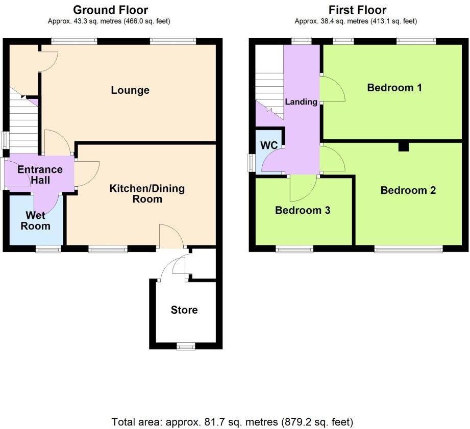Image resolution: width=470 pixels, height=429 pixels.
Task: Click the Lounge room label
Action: (x=130, y=90)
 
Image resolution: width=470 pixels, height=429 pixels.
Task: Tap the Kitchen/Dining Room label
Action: (x=147, y=194)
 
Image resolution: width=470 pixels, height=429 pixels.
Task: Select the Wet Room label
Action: (x=36, y=220)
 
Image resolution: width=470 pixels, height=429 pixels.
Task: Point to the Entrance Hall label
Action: (x=40, y=174)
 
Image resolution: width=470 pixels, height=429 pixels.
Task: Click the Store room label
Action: (x=184, y=310)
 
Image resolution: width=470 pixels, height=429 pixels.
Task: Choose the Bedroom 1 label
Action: (x=394, y=88)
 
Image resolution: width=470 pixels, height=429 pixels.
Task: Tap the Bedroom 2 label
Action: (x=408, y=190)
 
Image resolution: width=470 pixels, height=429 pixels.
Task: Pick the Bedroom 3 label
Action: (x=303, y=210)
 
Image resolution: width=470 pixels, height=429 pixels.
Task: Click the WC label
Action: (x=269, y=145)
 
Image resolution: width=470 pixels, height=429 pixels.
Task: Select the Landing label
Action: (x=301, y=102)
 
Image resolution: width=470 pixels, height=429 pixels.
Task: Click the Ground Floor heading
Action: (x=111, y=10)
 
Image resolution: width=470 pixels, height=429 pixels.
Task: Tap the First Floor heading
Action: (x=357, y=10)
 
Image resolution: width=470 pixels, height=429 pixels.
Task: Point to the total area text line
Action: (x=232, y=422)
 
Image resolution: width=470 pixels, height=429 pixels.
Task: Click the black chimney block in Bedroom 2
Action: (x=404, y=146)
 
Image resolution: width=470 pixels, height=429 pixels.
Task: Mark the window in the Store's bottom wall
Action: (x=186, y=347)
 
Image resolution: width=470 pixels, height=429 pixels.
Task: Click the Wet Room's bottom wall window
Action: (x=48, y=249)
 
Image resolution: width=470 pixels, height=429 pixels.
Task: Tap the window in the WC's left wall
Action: (x=251, y=163)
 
